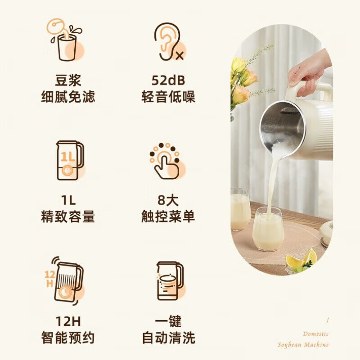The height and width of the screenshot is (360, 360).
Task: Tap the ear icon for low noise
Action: (168, 42)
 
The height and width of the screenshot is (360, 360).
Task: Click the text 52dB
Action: (168, 81)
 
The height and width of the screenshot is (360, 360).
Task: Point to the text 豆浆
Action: (68, 81)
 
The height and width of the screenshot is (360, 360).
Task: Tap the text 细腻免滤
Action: (68, 97)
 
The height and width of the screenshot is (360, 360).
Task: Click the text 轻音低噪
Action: (168, 97)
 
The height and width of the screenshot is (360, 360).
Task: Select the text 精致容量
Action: (68, 216)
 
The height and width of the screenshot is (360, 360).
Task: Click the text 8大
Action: (168, 200)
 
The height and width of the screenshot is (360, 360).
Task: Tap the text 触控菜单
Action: (168, 216)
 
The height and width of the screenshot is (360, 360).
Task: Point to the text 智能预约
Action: (68, 337)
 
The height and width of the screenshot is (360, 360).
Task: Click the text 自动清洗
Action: (168, 337)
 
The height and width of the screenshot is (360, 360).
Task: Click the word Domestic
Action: (315, 334)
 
